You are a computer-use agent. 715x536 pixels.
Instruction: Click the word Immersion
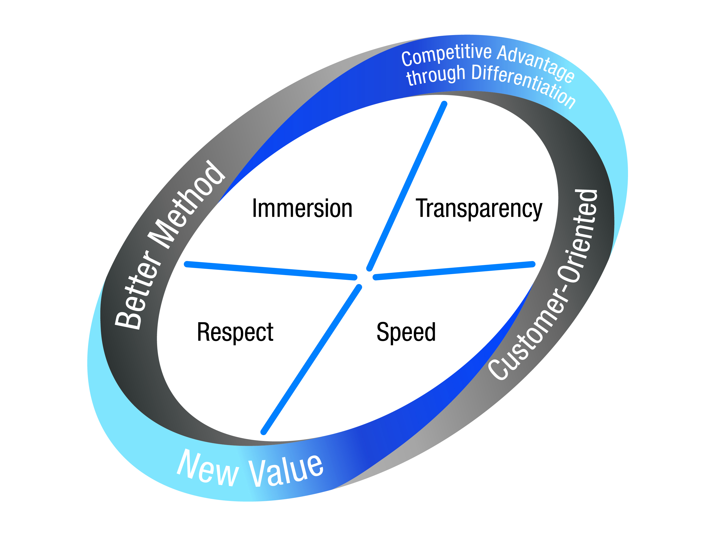(302, 209)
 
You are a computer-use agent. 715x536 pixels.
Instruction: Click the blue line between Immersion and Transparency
(407, 186)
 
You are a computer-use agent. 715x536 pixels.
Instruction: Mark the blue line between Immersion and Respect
(271, 271)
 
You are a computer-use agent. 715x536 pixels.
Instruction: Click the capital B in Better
(128, 320)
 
